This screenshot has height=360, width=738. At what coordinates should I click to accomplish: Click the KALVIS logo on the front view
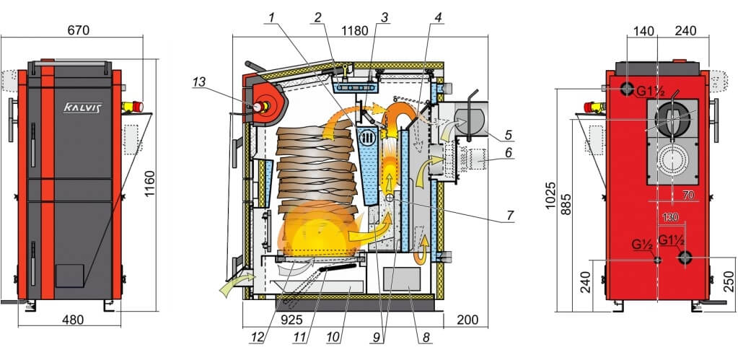tap(83, 107)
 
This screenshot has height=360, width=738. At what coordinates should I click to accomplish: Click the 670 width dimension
tap(79, 30)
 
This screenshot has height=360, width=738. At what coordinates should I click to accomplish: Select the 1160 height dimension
tap(149, 184)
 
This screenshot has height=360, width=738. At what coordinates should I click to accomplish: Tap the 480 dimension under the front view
tap(73, 320)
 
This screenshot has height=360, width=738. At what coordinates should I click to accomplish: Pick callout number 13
tap(199, 82)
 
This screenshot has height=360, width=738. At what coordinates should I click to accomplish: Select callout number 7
tap(510, 215)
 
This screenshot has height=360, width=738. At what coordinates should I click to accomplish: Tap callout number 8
tap(426, 337)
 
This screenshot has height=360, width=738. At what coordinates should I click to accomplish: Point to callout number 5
tap(508, 135)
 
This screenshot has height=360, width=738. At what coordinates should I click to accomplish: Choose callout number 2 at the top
tap(318, 18)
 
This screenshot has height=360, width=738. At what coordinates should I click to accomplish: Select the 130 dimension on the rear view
tap(671, 217)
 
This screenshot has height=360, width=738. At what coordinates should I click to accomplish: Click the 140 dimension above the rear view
tap(644, 31)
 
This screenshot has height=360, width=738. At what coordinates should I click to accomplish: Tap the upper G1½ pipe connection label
tap(651, 92)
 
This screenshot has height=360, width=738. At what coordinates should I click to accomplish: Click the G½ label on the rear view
tap(642, 245)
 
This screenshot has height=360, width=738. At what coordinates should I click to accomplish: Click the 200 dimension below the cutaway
tap(467, 320)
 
